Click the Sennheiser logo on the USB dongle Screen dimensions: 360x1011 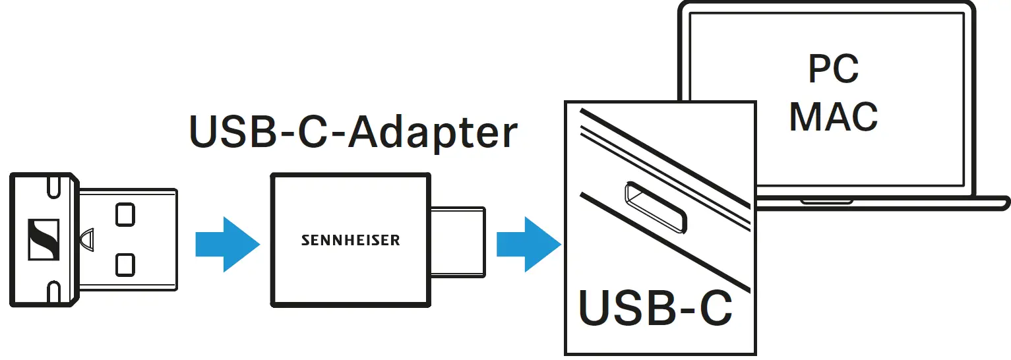[44, 240]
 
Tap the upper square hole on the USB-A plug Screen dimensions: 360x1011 [123, 214]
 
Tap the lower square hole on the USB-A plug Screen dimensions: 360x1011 [123, 264]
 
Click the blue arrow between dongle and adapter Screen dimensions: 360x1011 [227, 245]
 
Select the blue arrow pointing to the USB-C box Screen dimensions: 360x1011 [528, 245]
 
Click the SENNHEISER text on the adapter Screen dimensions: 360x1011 [350, 240]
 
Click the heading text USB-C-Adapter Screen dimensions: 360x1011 [353, 133]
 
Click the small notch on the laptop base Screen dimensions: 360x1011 [826, 200]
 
